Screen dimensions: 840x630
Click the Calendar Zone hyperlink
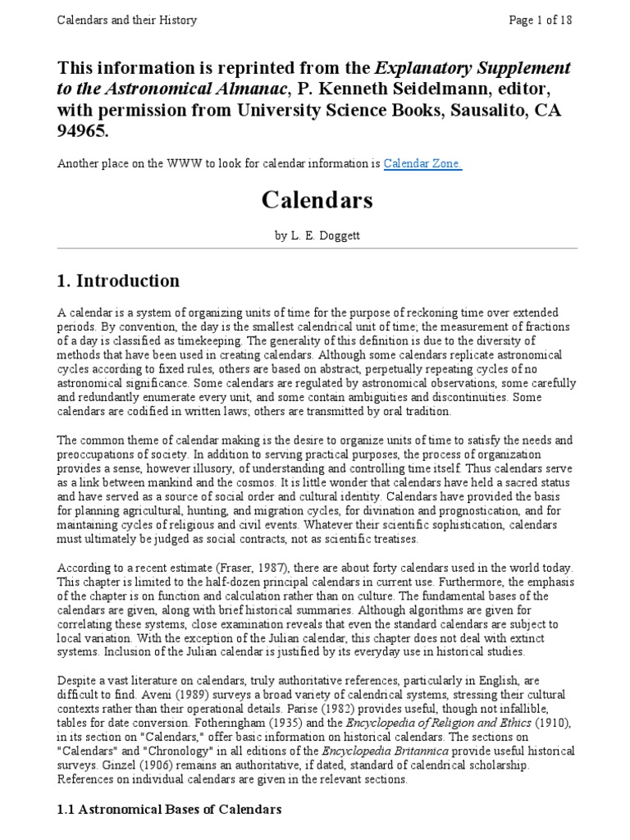pyautogui.click(x=423, y=163)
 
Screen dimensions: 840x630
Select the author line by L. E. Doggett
pyautogui.click(x=317, y=235)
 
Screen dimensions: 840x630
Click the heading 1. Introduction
pyautogui.click(x=118, y=281)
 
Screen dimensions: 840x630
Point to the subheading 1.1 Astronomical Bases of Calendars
pyautogui.click(x=169, y=809)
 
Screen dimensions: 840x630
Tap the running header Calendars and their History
pyautogui.click(x=127, y=20)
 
